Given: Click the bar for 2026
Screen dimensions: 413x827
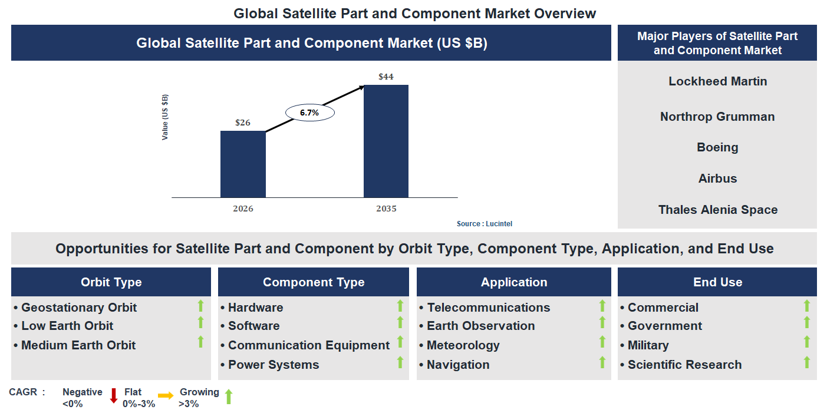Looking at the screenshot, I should point(243,164).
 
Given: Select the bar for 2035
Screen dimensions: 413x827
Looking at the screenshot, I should point(386,141).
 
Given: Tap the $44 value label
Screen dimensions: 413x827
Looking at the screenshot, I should point(386,77).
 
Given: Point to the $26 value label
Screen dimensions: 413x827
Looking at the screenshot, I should point(243,123).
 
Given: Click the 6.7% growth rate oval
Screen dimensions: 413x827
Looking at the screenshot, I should point(310,113).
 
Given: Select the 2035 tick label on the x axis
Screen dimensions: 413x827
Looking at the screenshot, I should point(386,209).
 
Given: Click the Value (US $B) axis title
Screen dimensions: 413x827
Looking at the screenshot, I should point(165,117).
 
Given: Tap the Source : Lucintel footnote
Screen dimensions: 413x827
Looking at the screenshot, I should point(489,224).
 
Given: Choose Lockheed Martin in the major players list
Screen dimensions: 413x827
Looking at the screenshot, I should point(717,81).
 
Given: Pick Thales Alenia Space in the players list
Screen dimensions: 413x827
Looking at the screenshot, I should point(717,210).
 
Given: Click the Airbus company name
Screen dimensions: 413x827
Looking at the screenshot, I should point(717,179).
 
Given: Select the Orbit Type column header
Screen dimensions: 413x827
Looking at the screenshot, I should point(111,282).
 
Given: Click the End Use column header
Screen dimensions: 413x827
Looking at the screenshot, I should point(717,282).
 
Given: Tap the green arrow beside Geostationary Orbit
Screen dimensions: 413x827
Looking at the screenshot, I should point(200,306).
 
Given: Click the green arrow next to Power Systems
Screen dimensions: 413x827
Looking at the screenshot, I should point(400,362).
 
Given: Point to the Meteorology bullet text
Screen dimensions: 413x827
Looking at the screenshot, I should point(463,345).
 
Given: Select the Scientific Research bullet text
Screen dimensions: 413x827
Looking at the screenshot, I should point(684,365).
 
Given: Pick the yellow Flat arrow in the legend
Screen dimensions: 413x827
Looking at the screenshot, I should point(166,396).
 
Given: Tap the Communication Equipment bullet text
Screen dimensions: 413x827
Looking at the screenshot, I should point(308,345).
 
